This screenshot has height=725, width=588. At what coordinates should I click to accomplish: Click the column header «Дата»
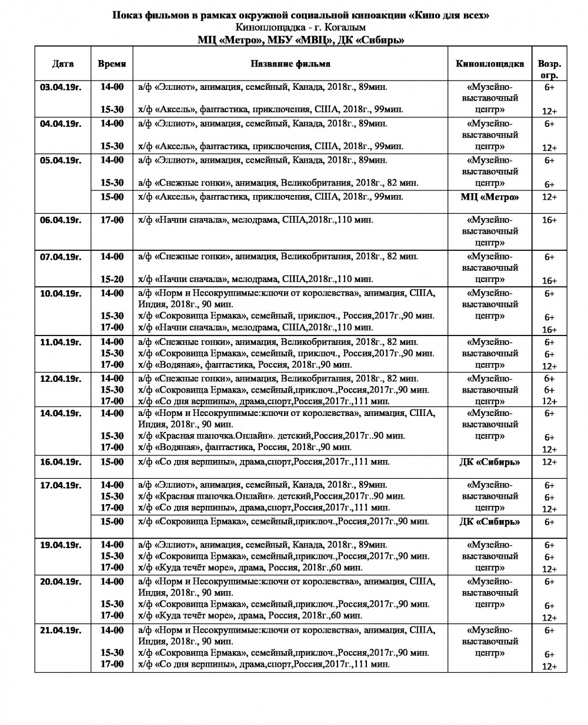tap(62, 63)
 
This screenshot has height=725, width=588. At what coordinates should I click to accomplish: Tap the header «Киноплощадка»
tap(489, 63)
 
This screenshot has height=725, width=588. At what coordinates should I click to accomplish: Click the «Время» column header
tap(112, 63)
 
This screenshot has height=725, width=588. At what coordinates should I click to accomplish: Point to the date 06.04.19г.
tap(61, 220)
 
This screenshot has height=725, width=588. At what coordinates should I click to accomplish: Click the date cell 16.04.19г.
tap(61, 462)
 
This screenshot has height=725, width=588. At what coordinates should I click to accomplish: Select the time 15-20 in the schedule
tap(112, 279)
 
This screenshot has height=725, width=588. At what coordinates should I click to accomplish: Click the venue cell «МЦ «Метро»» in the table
tap(489, 197)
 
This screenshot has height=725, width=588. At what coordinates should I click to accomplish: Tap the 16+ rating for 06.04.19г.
tap(549, 220)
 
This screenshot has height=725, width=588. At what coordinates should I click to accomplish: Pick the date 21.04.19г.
tap(61, 630)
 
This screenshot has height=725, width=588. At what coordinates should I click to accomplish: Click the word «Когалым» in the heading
tap(343, 28)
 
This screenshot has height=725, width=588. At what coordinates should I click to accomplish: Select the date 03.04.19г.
tap(61, 87)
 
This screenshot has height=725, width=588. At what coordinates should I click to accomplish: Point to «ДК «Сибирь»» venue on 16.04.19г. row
tap(489, 462)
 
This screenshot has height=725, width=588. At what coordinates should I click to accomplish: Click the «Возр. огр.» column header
tap(549, 69)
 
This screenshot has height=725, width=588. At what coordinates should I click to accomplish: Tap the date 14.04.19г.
tap(61, 413)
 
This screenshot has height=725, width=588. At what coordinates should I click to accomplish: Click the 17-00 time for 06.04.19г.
tap(112, 220)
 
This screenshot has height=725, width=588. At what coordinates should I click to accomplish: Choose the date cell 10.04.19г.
tap(61, 293)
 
